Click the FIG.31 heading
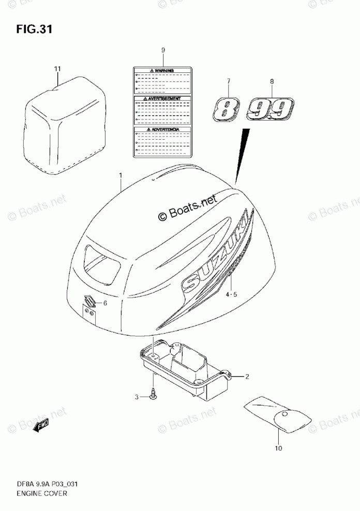[x=34, y=29]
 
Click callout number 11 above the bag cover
[x=57, y=68]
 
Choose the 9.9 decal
[x=269, y=109]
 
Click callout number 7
[x=228, y=81]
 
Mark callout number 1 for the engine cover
[x=121, y=176]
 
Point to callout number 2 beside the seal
[x=247, y=377]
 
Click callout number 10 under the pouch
[x=279, y=448]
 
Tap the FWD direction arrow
[x=41, y=426]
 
